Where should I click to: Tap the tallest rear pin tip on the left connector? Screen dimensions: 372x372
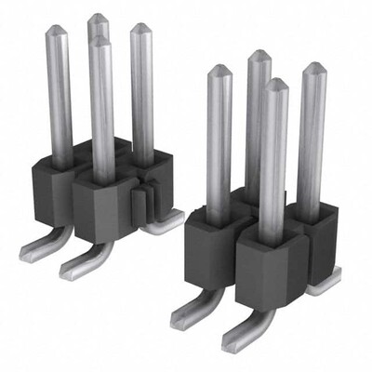point(97,19)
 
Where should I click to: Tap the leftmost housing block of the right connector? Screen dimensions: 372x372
point(212,251)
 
